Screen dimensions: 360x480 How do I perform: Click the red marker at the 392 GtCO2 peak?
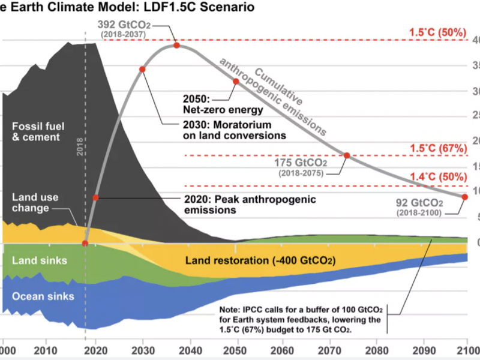(x=176, y=46)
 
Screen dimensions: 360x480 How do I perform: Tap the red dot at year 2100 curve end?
(x=465, y=197)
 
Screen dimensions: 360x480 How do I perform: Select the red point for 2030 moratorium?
(x=143, y=69)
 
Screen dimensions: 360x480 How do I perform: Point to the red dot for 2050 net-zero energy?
(x=236, y=81)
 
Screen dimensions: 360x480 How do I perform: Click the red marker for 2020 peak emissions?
(x=95, y=197)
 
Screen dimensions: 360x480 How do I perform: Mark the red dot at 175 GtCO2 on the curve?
(x=346, y=155)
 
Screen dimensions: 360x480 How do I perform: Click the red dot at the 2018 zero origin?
(x=85, y=243)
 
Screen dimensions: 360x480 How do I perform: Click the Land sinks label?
(x=40, y=260)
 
